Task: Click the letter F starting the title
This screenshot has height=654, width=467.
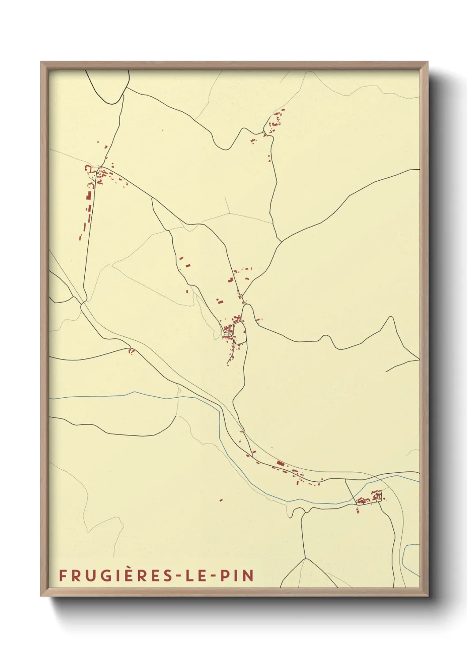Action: (63, 575)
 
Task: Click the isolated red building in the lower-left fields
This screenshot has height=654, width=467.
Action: (221, 500)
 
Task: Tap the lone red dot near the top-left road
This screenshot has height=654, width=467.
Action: (162, 130)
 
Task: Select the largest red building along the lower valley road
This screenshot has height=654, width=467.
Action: (280, 463)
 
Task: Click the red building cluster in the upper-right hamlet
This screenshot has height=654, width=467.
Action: (276, 120)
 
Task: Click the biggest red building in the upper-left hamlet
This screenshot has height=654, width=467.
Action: (88, 196)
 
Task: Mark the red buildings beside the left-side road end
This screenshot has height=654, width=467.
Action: (131, 351)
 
